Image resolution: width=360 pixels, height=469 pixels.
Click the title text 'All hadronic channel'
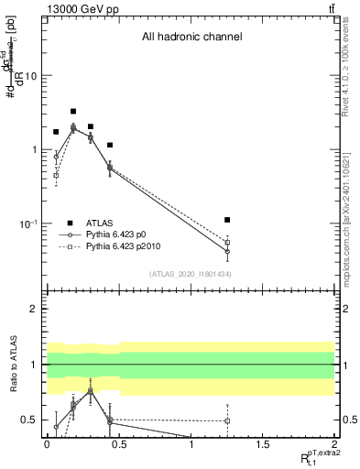click(191, 38)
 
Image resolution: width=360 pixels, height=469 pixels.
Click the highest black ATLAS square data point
click(73, 111)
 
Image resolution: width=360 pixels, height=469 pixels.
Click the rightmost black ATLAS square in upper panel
click(227, 220)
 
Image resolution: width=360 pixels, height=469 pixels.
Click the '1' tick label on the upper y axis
click(34, 149)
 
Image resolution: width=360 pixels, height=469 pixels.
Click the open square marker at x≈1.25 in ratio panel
click(227, 421)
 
